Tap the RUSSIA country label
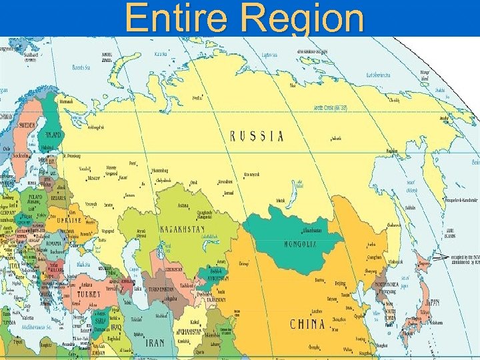coord(257,137)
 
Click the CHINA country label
coord(307,325)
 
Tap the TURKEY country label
coord(89,293)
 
